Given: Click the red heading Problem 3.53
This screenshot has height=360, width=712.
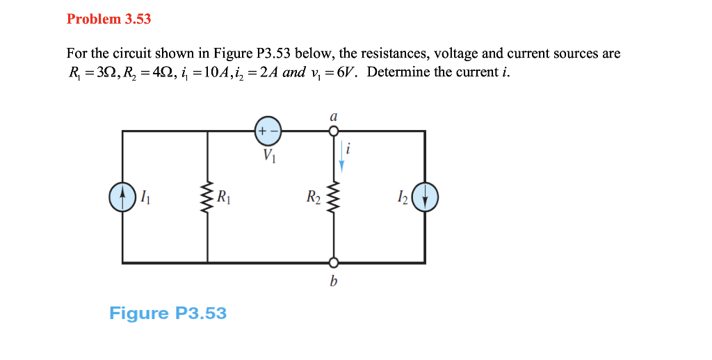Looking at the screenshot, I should (108, 19).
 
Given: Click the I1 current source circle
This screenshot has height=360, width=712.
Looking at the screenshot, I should (122, 197).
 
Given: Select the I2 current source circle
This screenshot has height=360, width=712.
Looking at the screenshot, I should (425, 197).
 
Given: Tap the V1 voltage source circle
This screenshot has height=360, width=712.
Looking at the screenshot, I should (268, 131).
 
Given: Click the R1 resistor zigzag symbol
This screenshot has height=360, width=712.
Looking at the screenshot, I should (207, 197).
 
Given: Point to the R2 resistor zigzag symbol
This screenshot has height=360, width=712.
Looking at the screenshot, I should (334, 197).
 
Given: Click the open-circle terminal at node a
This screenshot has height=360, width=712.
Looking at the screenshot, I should (334, 131).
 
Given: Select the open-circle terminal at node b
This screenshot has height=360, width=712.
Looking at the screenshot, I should (334, 263).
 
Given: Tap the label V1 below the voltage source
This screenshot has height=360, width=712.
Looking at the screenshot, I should (269, 157).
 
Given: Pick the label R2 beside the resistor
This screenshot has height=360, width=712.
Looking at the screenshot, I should (314, 197).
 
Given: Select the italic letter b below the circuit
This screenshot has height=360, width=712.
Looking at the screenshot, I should (334, 282).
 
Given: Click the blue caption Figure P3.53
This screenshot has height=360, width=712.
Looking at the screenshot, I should (168, 313).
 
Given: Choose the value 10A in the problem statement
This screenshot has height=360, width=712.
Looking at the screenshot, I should (213, 73).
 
